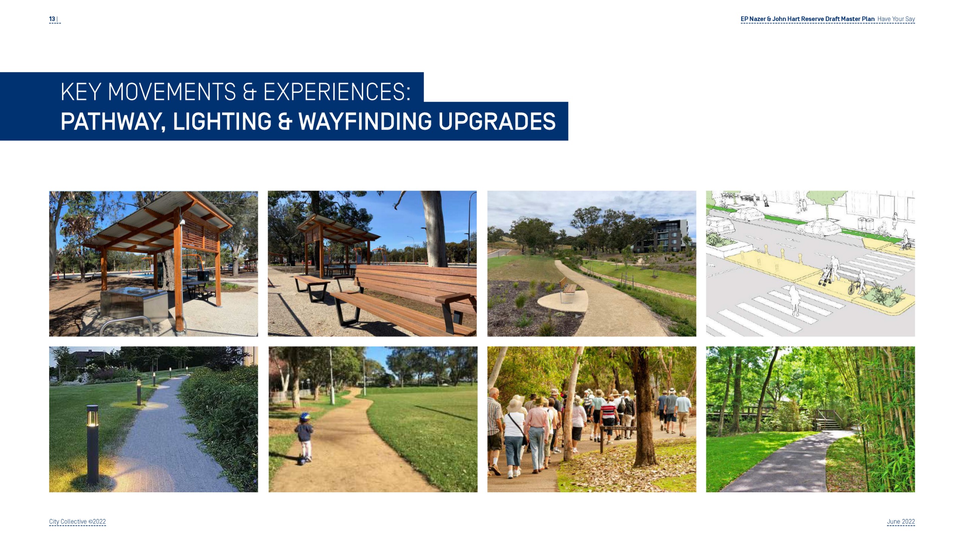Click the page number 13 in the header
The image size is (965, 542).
(52, 19)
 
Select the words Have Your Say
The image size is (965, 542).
(896, 19)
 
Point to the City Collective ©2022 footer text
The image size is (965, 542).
(77, 521)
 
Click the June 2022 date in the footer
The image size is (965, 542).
(901, 521)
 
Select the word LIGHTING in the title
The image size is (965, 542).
(222, 121)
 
